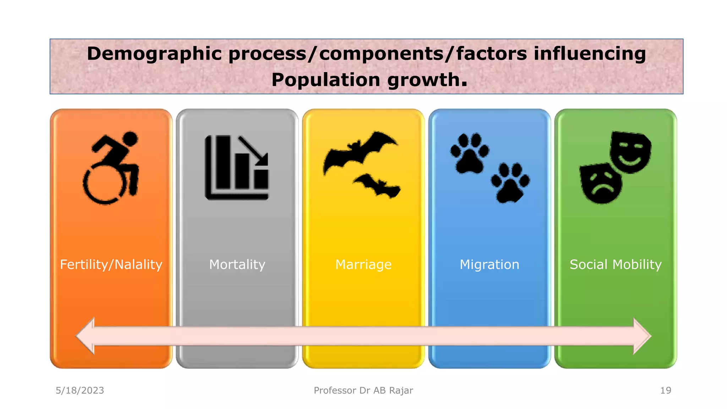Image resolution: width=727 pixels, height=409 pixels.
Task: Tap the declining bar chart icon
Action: (237, 168)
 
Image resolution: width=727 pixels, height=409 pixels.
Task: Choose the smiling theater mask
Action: (630, 152)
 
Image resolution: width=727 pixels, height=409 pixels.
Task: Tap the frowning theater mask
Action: (601, 184)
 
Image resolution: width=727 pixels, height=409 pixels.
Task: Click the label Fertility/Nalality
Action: (111, 265)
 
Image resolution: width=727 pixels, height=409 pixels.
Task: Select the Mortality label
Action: (237, 265)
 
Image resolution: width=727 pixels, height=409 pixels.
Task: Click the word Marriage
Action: (363, 265)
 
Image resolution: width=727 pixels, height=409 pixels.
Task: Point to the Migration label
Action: (489, 265)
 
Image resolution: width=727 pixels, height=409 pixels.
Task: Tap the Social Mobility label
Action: (616, 265)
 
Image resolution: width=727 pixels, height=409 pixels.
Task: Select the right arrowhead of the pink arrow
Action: (641, 336)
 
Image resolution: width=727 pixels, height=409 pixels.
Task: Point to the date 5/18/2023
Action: (80, 391)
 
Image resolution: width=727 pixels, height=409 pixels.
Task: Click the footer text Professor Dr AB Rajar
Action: (363, 391)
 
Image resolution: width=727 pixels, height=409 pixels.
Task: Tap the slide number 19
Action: (666, 391)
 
